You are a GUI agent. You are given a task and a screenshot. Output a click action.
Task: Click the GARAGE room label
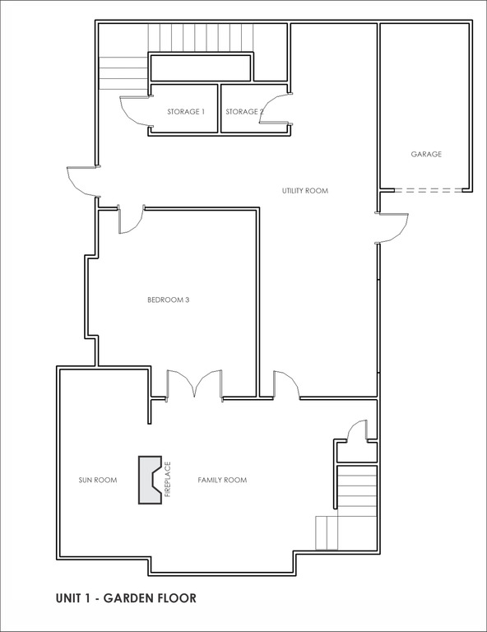pyautogui.click(x=426, y=154)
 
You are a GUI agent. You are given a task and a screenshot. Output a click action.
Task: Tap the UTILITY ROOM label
pyautogui.click(x=305, y=191)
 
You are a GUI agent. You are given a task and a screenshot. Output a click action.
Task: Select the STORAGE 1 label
pyautogui.click(x=186, y=112)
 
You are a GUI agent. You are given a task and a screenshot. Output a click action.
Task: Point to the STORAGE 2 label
pyautogui.click(x=244, y=112)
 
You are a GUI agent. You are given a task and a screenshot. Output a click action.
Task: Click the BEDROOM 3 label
pyautogui.click(x=169, y=300)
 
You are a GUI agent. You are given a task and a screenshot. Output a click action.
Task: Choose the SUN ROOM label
pyautogui.click(x=97, y=480)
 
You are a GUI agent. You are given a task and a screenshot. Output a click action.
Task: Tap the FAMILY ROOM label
pyautogui.click(x=222, y=480)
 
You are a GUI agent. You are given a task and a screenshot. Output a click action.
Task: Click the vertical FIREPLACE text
pyautogui.click(x=168, y=479)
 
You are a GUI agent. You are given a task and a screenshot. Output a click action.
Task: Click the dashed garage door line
pyautogui.click(x=429, y=190)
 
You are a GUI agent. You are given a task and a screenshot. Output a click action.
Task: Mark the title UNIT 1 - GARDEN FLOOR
pyautogui.click(x=126, y=598)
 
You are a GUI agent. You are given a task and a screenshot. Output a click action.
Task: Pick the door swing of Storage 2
pyautogui.click(x=273, y=108)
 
